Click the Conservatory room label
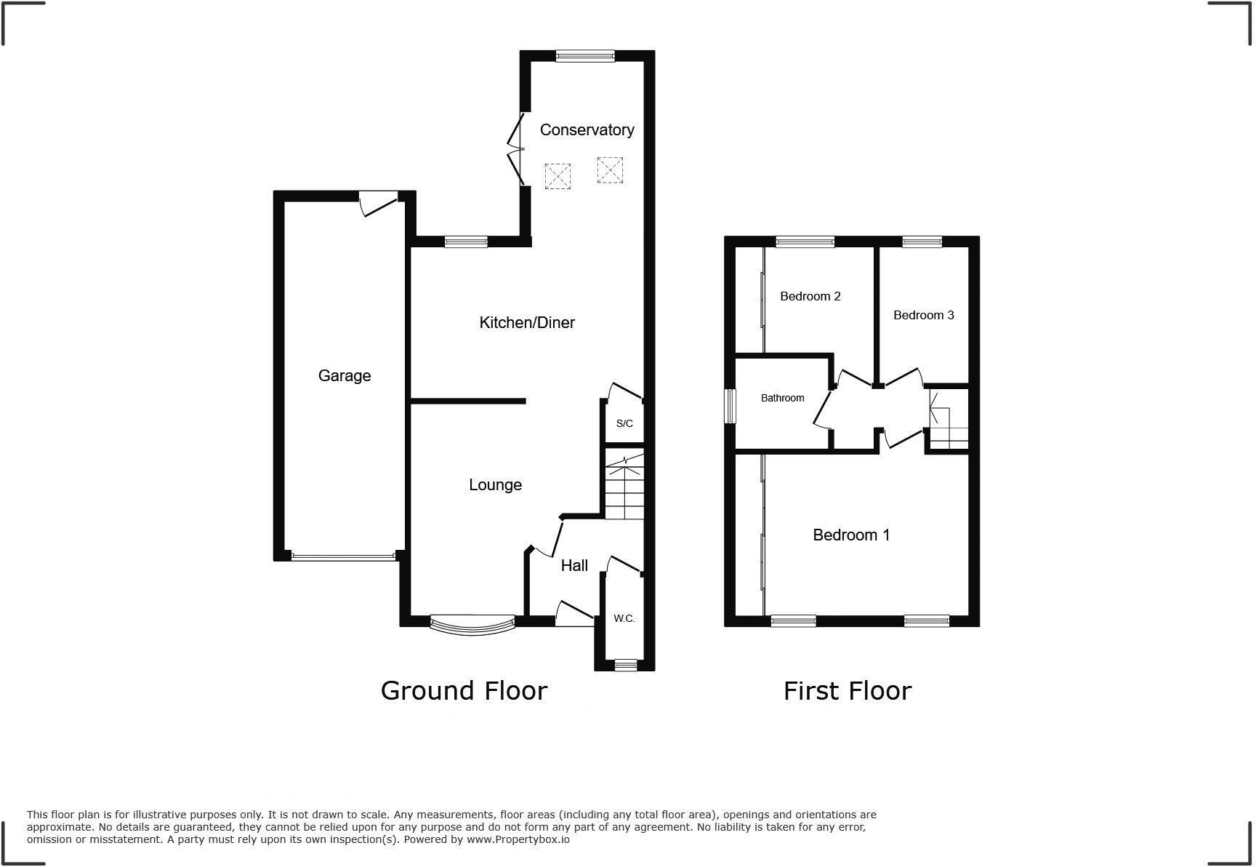(587, 130)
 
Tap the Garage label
(345, 376)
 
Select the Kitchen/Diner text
(527, 322)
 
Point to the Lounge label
(495, 485)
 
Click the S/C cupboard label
(624, 423)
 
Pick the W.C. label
(624, 618)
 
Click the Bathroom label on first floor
(782, 398)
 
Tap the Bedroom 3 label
(923, 315)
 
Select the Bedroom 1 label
(851, 535)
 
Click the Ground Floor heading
(464, 691)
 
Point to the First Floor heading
(847, 691)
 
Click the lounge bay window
(472, 624)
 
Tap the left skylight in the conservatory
(557, 176)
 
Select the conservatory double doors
(518, 150)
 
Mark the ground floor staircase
(624, 486)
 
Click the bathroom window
(730, 405)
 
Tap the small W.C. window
(625, 664)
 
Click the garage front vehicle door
(343, 557)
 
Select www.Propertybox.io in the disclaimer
(518, 839)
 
